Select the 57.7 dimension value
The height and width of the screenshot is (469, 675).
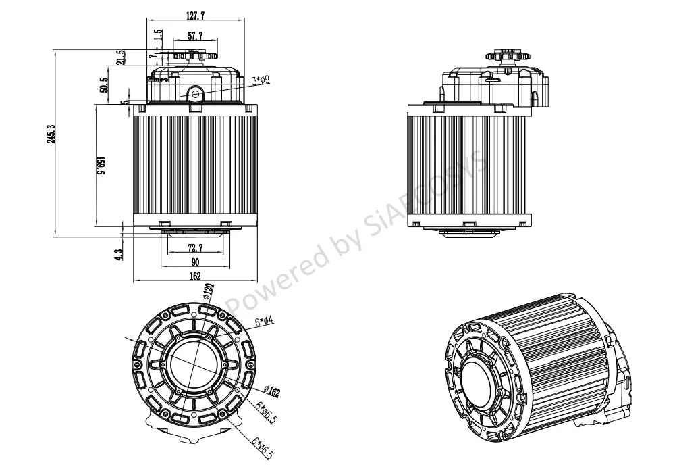click(196, 36)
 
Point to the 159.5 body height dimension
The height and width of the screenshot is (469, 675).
click(101, 167)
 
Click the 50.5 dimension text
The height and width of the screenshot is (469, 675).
click(104, 89)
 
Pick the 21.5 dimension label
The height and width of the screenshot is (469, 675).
click(121, 57)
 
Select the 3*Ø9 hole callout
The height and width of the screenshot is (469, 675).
click(261, 81)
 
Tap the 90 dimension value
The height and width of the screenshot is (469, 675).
click(196, 262)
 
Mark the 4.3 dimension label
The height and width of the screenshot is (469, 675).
click(119, 255)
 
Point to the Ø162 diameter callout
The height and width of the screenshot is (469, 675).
click(273, 391)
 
